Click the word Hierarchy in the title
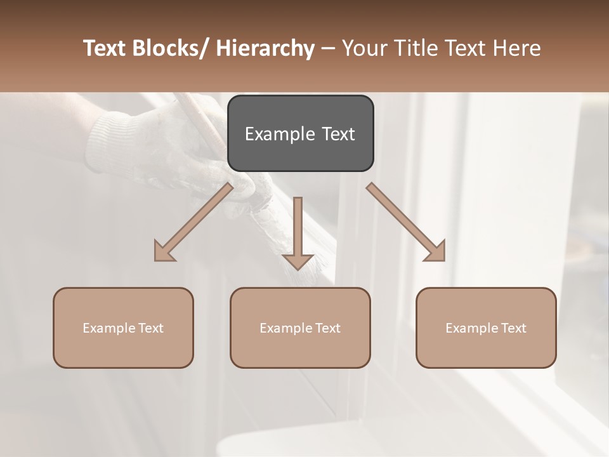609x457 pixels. tap(265, 48)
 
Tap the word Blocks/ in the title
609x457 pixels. tap(168, 48)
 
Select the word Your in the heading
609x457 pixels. tap(364, 48)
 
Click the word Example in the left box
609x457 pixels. tap(109, 328)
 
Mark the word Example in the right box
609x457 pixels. tap(472, 328)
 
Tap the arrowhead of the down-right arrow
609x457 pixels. tap(436, 251)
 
